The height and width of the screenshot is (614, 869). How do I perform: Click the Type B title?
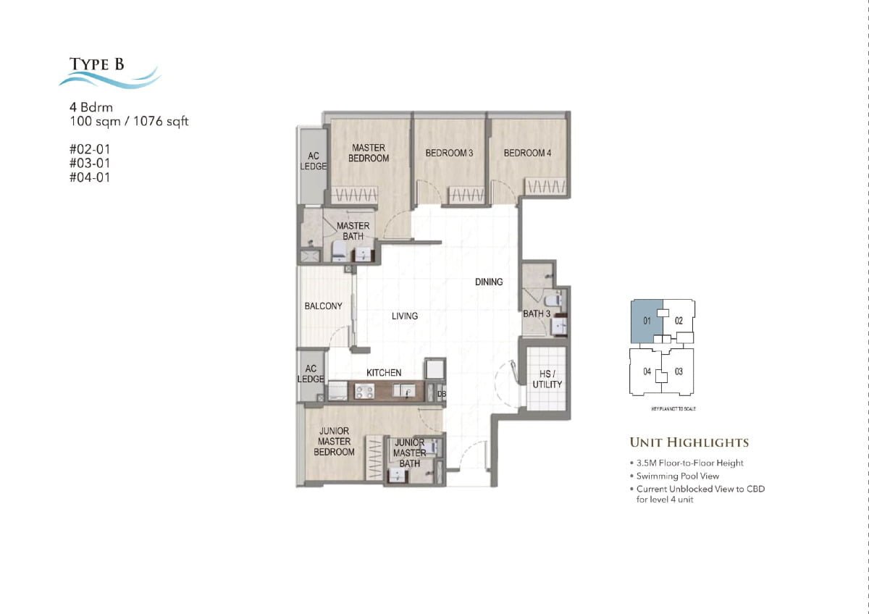pos(97,64)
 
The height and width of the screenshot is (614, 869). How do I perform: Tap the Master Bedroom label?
pos(369,153)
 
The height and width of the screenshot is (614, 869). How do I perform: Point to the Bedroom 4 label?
pos(528,153)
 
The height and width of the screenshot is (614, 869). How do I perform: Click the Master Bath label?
pos(353,231)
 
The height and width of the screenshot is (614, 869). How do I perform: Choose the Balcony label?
pos(323,306)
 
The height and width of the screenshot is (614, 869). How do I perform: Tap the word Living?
pos(405,316)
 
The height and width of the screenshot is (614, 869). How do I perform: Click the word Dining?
pos(489,282)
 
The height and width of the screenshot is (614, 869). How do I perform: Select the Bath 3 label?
pos(537,314)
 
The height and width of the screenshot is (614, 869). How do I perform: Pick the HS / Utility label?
pos(547,379)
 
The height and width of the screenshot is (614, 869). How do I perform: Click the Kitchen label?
pos(384,373)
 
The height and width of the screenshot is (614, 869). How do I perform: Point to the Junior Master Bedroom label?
pos(334,442)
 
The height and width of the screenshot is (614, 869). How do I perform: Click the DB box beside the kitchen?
pos(442,393)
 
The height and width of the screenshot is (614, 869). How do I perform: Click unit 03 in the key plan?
pos(679,372)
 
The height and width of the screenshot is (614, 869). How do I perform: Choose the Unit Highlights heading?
pos(689,442)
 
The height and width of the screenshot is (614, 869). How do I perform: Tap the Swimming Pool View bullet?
pos(677,476)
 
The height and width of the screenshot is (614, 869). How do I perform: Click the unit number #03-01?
pos(90,163)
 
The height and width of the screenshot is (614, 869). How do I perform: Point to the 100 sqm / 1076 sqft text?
pos(128,122)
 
